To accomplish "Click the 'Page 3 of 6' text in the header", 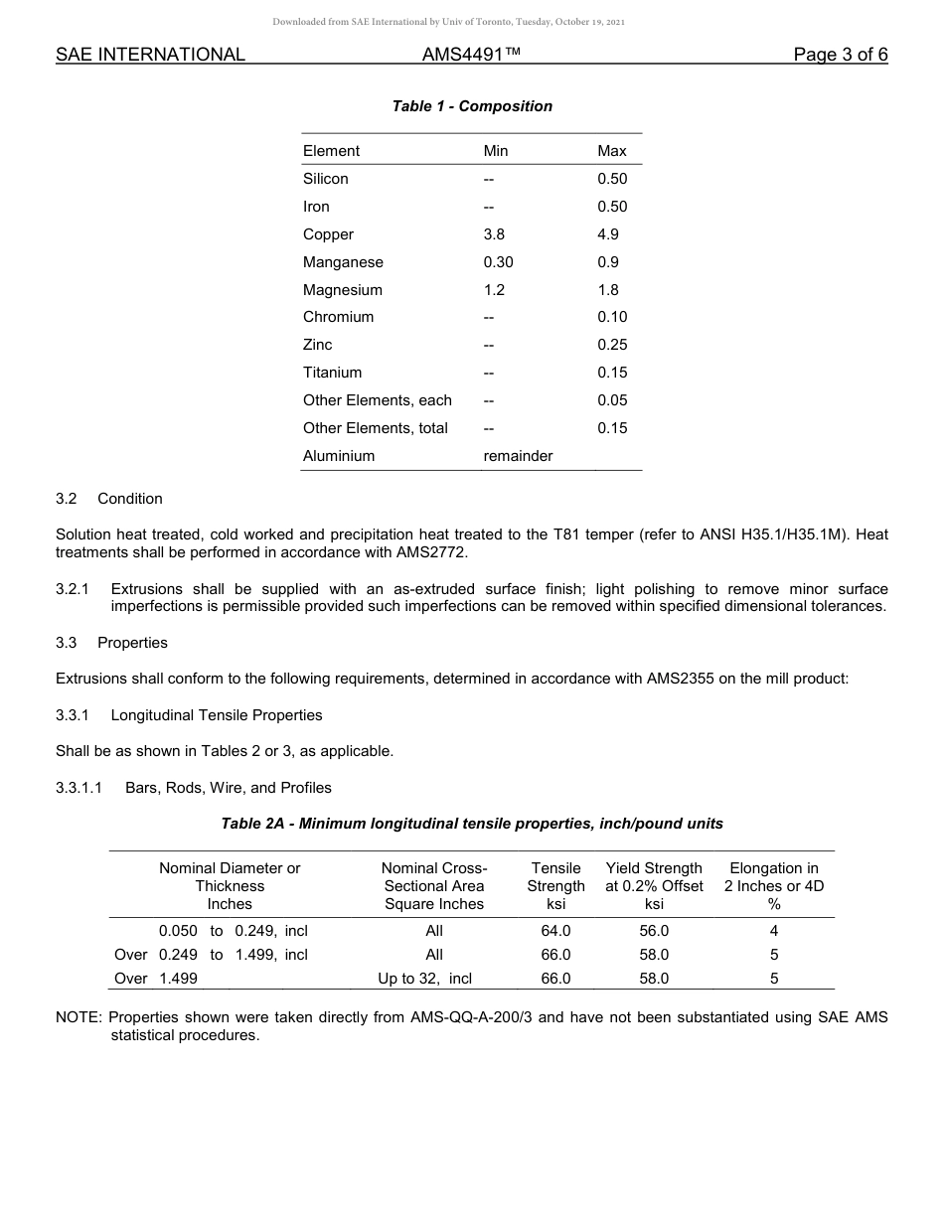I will pyautogui.click(x=840, y=55).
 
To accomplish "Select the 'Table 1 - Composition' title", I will pyautogui.click(x=472, y=106).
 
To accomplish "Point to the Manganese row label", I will pyautogui.click(x=343, y=262).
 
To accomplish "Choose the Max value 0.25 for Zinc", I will pyautogui.click(x=612, y=345).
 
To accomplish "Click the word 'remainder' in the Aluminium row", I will pyautogui.click(x=518, y=456).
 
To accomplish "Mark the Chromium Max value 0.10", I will pyautogui.click(x=612, y=317).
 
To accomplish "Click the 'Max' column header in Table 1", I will pyautogui.click(x=612, y=151).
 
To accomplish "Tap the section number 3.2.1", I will pyautogui.click(x=73, y=589).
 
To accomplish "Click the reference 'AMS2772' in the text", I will pyautogui.click(x=429, y=552).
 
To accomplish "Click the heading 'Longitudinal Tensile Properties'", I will pyautogui.click(x=217, y=715).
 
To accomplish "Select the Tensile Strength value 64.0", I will pyautogui.click(x=555, y=931).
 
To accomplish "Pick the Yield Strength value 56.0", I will pyautogui.click(x=654, y=931).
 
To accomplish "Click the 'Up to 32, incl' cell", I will pyautogui.click(x=424, y=979).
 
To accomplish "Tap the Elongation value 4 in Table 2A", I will pyautogui.click(x=773, y=931).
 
